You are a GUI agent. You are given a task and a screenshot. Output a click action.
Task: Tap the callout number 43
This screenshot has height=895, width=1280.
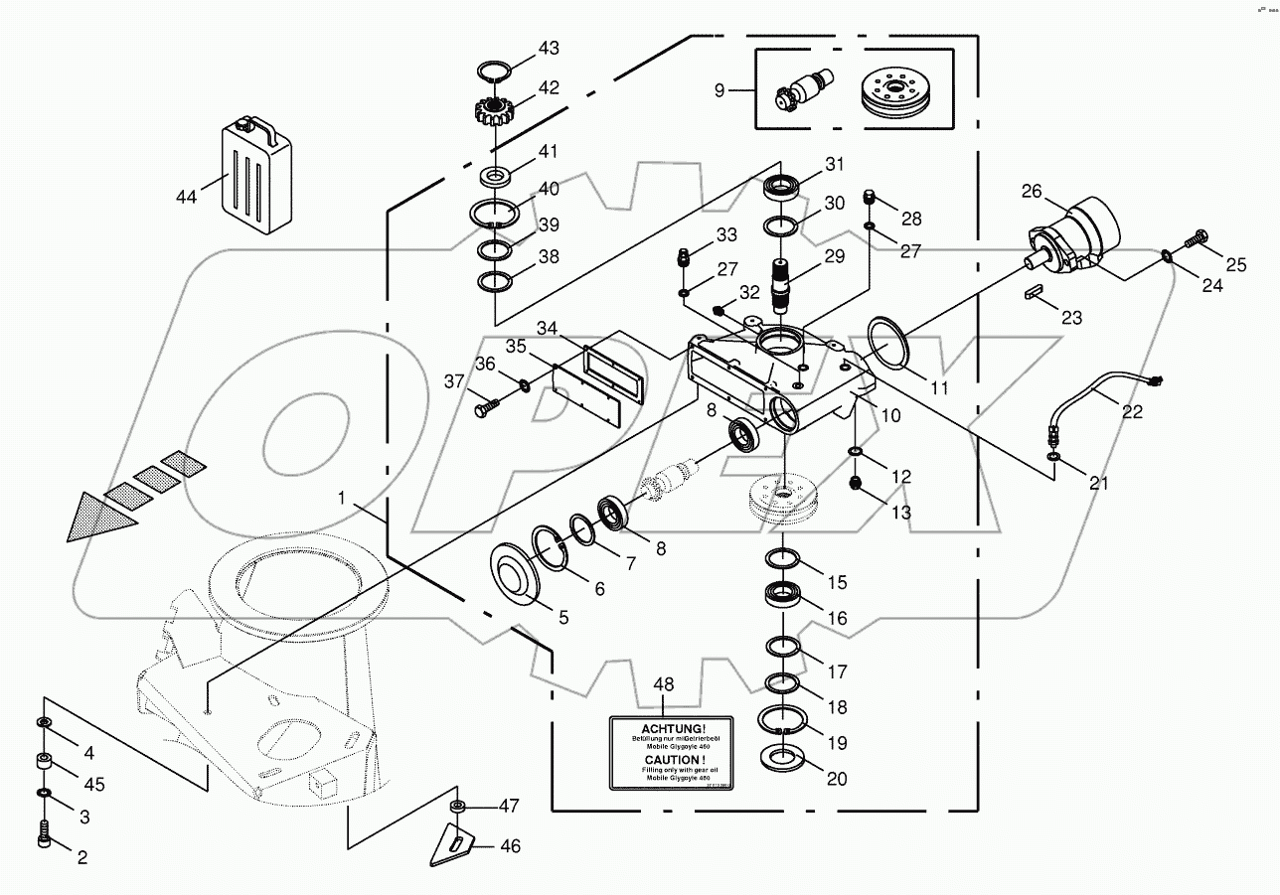[x=549, y=48]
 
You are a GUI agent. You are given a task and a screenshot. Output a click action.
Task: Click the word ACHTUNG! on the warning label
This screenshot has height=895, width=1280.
[x=670, y=728]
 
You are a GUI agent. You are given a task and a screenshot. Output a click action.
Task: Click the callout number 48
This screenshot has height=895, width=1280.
[x=663, y=684]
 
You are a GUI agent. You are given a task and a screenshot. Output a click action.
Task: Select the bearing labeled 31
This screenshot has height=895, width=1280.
[x=783, y=187]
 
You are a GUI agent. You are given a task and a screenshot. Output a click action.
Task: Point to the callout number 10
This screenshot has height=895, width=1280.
[x=890, y=415]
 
